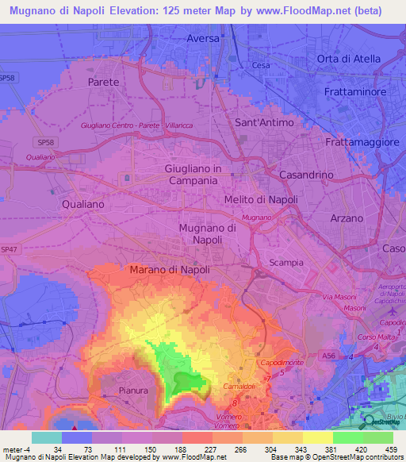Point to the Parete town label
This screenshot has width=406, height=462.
click(x=105, y=82)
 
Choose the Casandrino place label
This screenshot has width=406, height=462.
click(x=310, y=174)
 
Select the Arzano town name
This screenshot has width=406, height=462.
click(x=346, y=218)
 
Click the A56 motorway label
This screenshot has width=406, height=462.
click(x=328, y=357)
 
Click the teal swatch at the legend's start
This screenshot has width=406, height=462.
click(x=46, y=437)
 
